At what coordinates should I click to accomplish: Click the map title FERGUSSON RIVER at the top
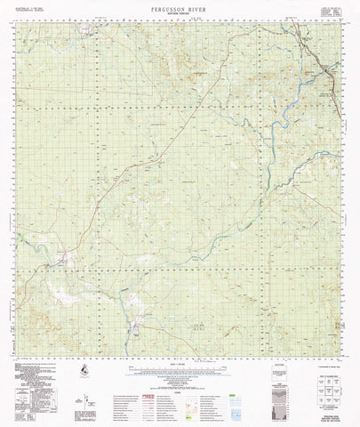pyautogui.click(x=180, y=6)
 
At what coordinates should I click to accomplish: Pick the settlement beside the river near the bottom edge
pyautogui.click(x=135, y=333)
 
